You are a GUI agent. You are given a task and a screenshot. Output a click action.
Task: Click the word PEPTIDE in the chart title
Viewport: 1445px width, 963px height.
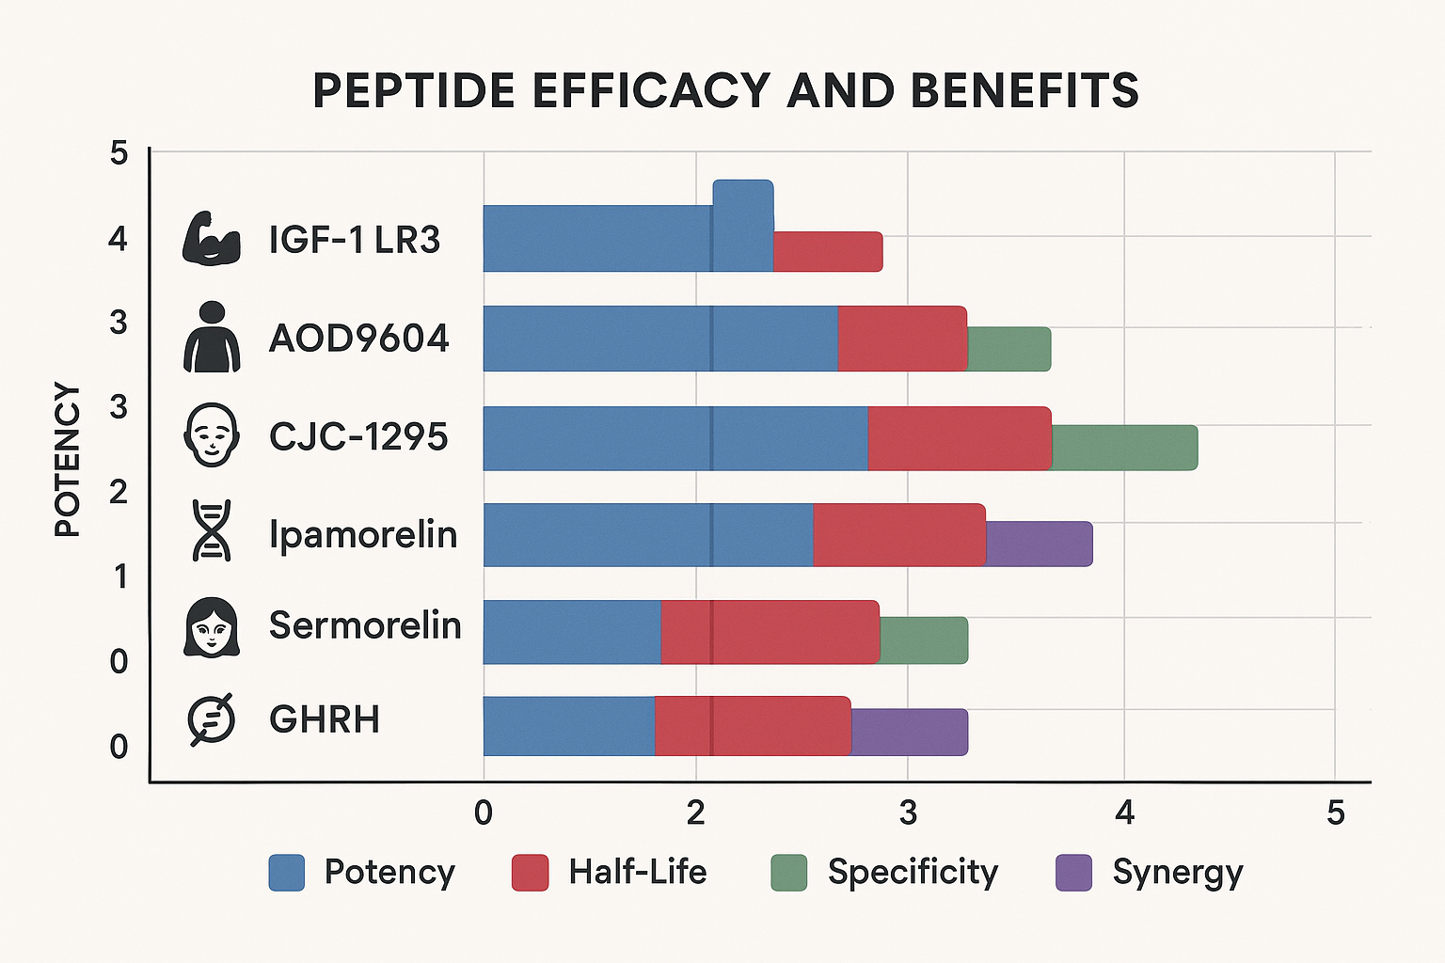[415, 91]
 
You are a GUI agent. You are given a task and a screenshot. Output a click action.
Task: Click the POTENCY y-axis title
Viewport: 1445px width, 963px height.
[67, 459]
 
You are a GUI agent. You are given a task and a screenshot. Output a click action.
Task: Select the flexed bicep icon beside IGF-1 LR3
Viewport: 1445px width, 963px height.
[211, 239]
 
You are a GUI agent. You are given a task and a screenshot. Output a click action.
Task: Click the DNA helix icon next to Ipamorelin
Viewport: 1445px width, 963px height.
[212, 531]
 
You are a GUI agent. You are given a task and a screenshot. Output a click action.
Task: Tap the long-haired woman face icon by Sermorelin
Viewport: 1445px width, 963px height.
[212, 626]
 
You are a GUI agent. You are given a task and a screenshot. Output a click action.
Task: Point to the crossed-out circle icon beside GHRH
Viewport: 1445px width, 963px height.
[211, 719]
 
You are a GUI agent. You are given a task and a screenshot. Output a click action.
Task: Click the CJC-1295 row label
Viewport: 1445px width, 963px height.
[358, 436]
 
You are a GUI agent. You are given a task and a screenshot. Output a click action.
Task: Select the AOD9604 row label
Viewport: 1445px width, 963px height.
[358, 338]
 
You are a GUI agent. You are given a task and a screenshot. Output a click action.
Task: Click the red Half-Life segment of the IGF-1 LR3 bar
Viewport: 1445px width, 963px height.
[828, 251]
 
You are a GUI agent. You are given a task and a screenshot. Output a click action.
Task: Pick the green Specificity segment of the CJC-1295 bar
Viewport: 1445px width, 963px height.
[1124, 448]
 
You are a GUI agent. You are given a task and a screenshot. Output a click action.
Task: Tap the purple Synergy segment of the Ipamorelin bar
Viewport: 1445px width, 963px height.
[1040, 544]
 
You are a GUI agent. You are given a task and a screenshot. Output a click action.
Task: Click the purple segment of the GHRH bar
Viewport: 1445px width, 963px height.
[910, 732]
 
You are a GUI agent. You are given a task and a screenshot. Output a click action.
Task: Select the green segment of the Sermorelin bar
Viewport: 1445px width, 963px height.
[924, 640]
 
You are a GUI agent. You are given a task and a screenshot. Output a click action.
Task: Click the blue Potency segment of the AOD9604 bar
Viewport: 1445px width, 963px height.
[659, 339]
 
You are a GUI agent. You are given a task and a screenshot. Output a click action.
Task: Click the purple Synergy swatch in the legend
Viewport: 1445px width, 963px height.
[1074, 873]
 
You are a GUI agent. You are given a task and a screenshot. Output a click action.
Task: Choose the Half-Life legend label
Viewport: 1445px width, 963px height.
[637, 873]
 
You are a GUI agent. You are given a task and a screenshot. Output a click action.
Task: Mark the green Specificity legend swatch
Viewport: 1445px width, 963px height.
[788, 873]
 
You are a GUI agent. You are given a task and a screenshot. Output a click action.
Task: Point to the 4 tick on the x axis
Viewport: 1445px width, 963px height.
[1124, 813]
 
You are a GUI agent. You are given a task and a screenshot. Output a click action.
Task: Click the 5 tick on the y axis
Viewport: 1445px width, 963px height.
[119, 152]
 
